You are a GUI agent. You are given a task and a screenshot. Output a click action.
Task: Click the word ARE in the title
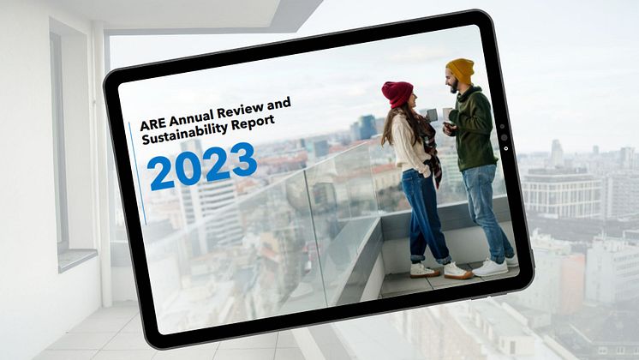[153, 123]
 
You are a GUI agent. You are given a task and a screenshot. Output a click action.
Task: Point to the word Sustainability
[185, 134]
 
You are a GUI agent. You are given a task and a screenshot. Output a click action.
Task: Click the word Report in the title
[253, 123]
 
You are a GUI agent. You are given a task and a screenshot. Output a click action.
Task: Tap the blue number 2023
[202, 166]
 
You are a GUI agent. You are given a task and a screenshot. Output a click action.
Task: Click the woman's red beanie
[397, 93]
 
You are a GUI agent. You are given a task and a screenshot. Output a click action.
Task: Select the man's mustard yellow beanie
[461, 70]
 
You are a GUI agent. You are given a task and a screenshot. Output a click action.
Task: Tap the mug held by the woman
[431, 115]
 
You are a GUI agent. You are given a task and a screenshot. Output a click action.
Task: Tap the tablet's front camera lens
[505, 137]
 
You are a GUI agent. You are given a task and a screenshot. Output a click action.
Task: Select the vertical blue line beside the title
[138, 173]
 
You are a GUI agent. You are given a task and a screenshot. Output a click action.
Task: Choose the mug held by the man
[447, 114]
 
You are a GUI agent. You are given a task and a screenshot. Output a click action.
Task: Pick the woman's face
[413, 100]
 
